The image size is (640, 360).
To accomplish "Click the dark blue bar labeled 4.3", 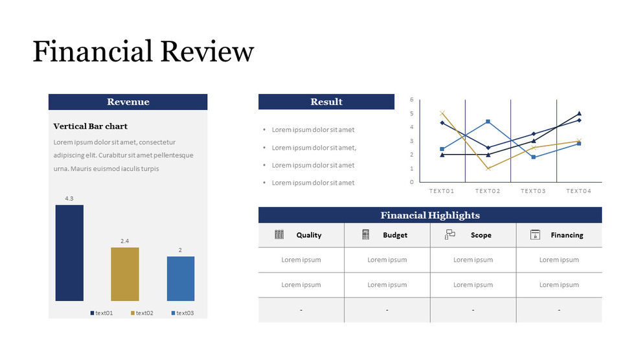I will pos(69,253).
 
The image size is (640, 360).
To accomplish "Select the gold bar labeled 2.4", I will pos(125,274).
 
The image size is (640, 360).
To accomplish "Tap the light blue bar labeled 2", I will pos(181,278).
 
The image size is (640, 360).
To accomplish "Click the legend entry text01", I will pos(102,313).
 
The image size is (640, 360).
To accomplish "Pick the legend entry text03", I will pos(183,313).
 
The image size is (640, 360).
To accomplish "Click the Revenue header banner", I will pos(128,102).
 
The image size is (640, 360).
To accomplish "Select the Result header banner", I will pos(326,102).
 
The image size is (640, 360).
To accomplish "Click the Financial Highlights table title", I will pos(429,215).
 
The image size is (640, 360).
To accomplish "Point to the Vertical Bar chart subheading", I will pos(90,126).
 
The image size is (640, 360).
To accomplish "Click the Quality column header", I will pos(308,235).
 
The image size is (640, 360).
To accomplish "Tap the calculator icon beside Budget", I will pos(365,234).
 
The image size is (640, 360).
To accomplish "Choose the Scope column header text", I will pos(481,235).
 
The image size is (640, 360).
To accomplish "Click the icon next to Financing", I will pos(535,234).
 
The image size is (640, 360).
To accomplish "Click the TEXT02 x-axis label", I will pos(488,191).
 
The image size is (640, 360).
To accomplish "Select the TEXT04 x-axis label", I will pos(578,191).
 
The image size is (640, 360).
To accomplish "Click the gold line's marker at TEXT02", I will pos(488,168).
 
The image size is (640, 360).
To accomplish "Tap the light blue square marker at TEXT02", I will pos(488,121).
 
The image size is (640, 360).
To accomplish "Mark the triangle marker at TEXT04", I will pos(579,113).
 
